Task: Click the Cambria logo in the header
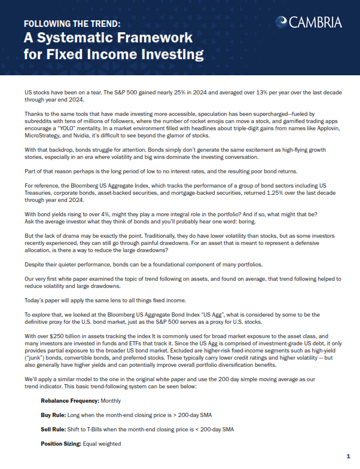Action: pos(309,23)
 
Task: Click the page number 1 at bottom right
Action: pos(348,456)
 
